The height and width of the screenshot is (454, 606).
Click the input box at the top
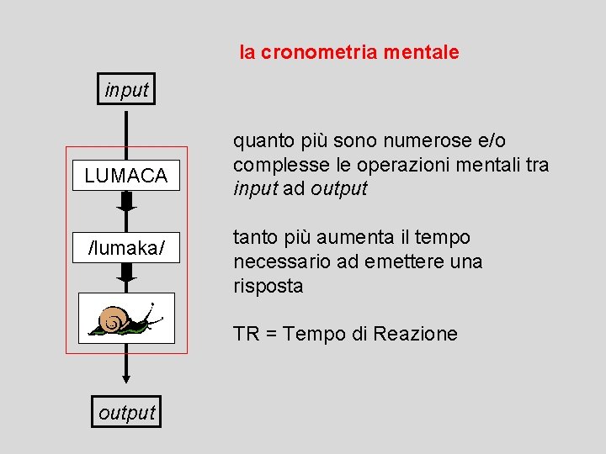pos(126,89)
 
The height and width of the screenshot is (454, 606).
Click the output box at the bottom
pos(126,412)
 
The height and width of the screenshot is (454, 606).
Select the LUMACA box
pos(126,176)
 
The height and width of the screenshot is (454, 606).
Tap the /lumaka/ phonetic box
pos(126,249)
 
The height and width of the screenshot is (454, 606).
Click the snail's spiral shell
pos(114,319)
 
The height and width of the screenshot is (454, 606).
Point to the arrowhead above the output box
pos(126,375)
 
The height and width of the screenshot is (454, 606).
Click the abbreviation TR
pos(246,334)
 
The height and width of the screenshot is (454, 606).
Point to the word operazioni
pos(380,165)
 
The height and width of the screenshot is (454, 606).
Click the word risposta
pos(268,286)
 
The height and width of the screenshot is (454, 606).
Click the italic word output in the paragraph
pos(338,188)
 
